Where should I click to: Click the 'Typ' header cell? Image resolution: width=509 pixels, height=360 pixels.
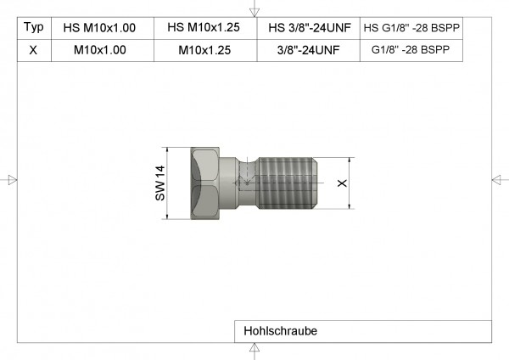pos(32,27)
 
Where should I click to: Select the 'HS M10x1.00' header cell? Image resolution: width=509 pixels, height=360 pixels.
pos(100,27)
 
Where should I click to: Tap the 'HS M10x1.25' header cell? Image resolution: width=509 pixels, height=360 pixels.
pos(204,27)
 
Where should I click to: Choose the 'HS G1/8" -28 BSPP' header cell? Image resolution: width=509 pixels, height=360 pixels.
pos(412,27)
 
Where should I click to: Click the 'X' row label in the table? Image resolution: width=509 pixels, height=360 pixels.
pos(32,50)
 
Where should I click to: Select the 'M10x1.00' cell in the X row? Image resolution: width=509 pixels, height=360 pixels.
pos(100,50)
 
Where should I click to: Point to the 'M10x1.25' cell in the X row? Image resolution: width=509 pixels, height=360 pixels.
pos(204,50)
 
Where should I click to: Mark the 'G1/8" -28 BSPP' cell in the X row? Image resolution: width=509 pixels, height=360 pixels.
pos(412,50)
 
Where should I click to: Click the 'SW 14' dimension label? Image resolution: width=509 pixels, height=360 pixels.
pos(159,183)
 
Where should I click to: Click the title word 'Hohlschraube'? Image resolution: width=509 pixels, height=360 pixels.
pos(279,331)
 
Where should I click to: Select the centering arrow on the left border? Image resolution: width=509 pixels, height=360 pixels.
pos(11,179)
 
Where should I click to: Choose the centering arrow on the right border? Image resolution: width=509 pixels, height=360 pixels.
pos(498,179)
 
